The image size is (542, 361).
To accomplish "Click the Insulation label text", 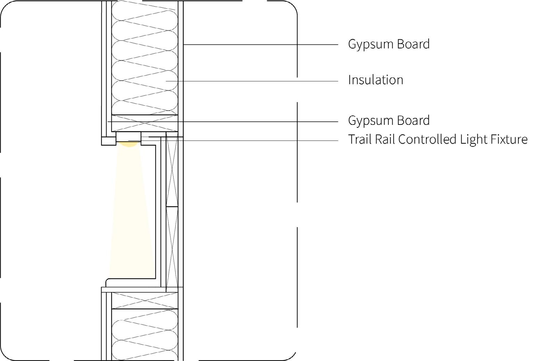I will pos(375,80).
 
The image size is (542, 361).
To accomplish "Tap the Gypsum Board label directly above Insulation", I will pos(389,44).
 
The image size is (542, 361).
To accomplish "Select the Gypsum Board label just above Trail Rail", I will pos(389,120).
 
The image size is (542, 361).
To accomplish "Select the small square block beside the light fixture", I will pos(108,141).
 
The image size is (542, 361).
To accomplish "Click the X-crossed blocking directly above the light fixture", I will pos(145,123).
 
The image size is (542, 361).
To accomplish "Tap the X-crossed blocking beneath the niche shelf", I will pos(145,300).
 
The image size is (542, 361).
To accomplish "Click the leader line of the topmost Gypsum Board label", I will pos(261,45).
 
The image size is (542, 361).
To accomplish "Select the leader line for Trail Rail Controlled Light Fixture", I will pos(243,141).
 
